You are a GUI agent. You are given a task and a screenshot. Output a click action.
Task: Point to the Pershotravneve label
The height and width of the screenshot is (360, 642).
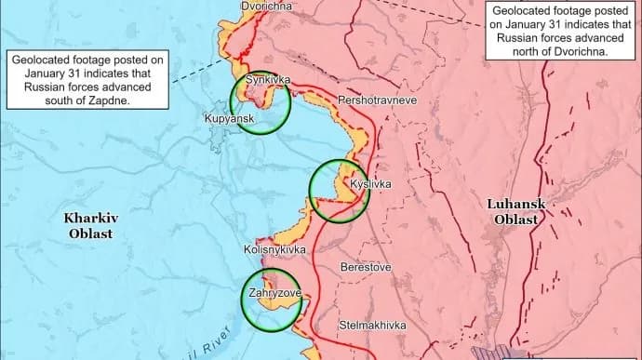click(352, 98)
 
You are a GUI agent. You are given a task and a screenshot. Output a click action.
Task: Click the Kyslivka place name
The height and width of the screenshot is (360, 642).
click(371, 184)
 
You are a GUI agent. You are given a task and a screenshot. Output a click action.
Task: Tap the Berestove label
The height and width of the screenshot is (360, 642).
click(367, 267)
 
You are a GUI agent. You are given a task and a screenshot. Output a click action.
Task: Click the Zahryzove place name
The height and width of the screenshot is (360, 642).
click(274, 294)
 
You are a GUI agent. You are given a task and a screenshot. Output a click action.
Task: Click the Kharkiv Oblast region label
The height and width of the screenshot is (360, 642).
click(89, 226)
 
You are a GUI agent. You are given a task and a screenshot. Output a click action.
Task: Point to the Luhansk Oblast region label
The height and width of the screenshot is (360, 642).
click(515, 211)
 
